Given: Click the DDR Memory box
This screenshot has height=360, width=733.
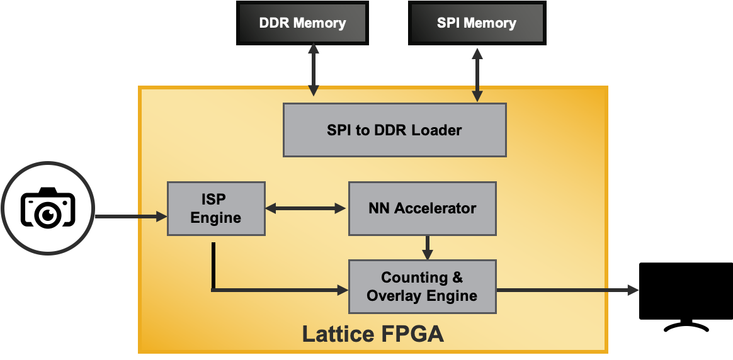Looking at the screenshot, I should (302, 23).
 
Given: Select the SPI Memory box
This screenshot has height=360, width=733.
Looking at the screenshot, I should (476, 23).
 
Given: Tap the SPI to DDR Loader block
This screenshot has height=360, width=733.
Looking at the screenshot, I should (394, 130).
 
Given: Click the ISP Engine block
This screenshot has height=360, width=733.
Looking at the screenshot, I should (216, 208).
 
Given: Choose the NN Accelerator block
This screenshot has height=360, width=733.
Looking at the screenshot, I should (422, 208).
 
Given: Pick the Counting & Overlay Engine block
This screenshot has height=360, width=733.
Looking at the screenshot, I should (422, 286).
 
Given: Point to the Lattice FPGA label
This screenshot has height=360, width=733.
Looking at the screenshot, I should (373, 334).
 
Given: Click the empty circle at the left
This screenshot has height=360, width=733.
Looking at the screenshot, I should (48, 208).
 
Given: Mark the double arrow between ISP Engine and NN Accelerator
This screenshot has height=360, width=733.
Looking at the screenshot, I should (307, 208).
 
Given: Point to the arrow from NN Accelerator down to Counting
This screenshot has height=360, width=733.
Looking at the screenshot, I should (428, 247).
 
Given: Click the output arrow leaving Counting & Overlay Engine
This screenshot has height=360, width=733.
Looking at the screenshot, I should (567, 290).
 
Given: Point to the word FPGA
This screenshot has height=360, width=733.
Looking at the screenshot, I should (413, 334).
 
